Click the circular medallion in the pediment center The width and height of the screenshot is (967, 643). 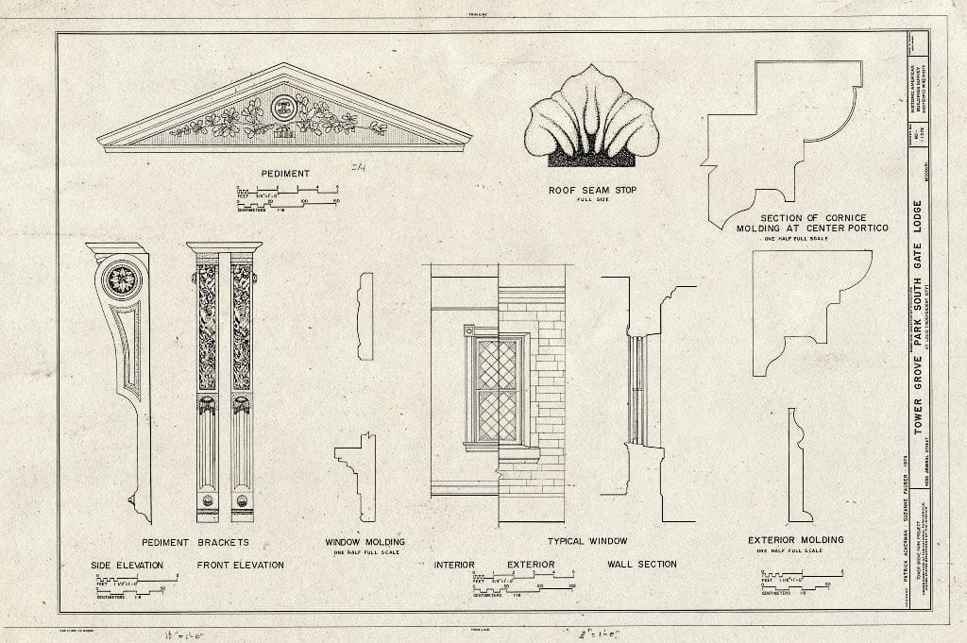coord(283,107)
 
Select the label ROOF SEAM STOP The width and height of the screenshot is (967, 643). coord(592,190)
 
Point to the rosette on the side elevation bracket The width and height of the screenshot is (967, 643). coord(121,279)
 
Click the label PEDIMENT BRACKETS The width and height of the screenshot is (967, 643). coord(195,542)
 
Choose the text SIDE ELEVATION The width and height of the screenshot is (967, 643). coord(127,565)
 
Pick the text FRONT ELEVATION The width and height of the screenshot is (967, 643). coord(240,565)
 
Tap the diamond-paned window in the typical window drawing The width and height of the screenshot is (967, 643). coord(497,389)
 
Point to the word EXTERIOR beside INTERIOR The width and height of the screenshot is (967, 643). coord(530,565)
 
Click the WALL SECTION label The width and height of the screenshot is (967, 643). coord(642,565)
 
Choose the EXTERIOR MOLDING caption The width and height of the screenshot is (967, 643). coord(795,540)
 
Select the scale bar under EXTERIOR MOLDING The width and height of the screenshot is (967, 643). coord(800,582)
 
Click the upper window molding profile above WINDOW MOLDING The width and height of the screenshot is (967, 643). coord(365,315)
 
